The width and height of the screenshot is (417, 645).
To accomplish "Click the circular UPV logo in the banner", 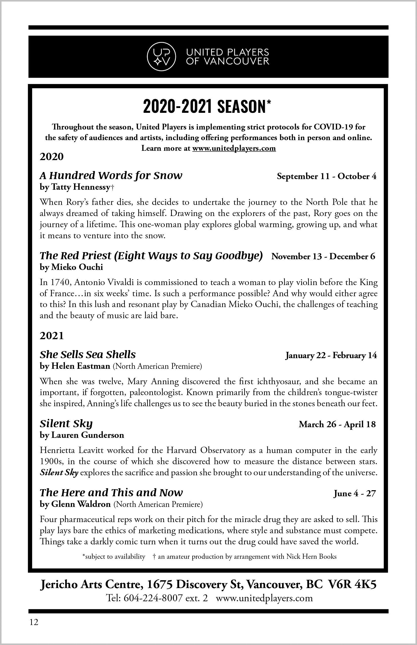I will pos(161,57).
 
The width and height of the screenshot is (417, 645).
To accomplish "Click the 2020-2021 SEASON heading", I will pos(207,106).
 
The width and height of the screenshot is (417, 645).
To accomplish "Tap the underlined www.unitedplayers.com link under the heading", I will pos(234,148).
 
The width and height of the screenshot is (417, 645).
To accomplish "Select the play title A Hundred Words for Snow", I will pos(111,176).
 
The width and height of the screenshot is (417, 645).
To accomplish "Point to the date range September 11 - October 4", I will pos(326,177).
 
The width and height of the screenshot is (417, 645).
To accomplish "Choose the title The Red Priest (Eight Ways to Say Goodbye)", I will pos(151,255).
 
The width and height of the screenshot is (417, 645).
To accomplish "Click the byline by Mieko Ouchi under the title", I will pos(71,267).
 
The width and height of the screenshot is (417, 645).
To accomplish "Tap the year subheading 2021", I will pos(52,336).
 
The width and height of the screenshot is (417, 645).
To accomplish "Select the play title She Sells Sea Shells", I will pos(88,354).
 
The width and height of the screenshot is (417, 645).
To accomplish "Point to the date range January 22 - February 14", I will pos(331,355).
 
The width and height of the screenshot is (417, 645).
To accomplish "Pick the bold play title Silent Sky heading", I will pos(66,423).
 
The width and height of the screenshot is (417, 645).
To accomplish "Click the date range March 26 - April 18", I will pos(337,424).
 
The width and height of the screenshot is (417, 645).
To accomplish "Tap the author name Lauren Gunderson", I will pos(87,435).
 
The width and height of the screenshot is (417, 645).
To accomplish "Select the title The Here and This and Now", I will pos(111,492).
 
